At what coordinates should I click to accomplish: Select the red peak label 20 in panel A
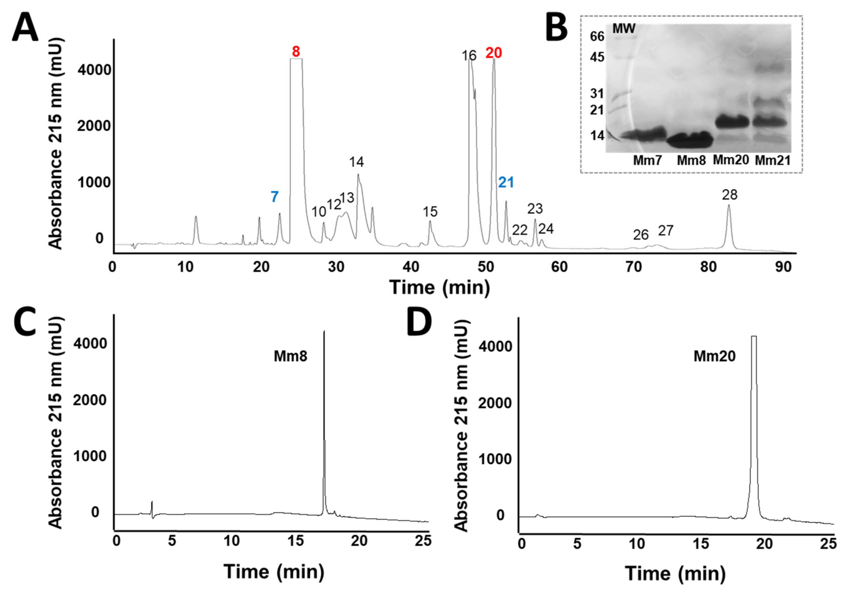[x=494, y=53]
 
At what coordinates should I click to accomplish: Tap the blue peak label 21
[x=506, y=182]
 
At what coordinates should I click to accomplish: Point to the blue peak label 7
[x=275, y=197]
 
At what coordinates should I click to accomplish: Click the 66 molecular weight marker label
[x=597, y=36]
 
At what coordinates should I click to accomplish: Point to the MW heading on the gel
[x=624, y=29]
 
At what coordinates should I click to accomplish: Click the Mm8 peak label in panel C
[x=290, y=356]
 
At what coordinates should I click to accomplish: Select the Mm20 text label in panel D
[x=714, y=356]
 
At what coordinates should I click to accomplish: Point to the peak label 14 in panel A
[x=356, y=162]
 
